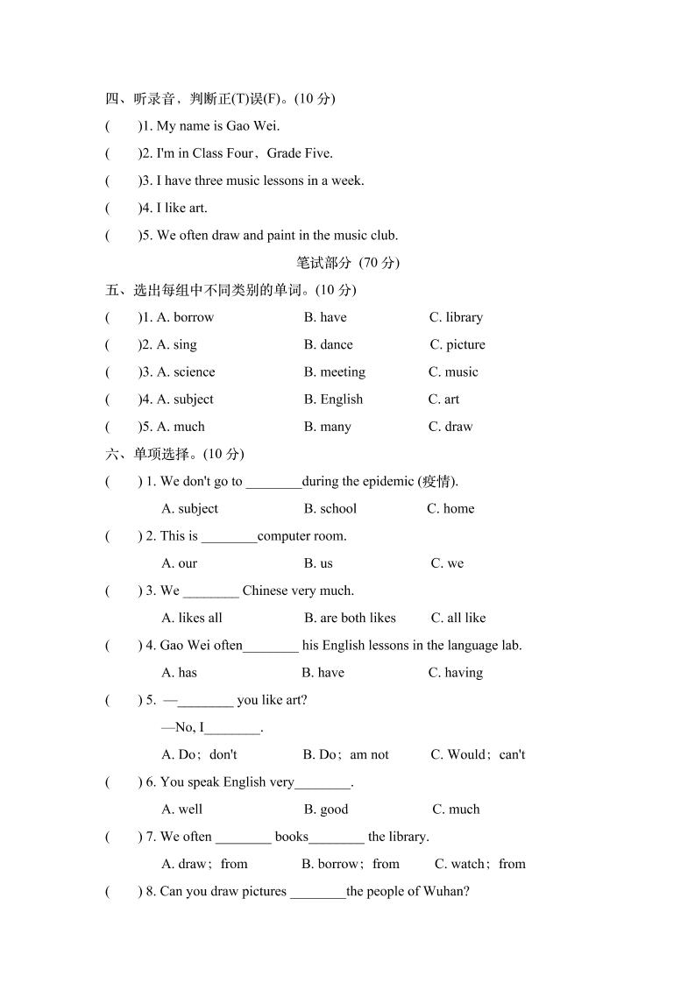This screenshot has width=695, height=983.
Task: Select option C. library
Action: [x=456, y=317]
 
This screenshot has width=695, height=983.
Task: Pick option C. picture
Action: [x=457, y=344]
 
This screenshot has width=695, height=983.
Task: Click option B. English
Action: [x=333, y=399]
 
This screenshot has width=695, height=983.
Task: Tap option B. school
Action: [x=330, y=508]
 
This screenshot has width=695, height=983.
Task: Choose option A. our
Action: [x=180, y=563]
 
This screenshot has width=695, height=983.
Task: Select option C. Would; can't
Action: [x=478, y=754]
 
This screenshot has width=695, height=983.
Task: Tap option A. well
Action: [x=182, y=810]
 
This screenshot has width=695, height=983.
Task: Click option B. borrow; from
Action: [x=351, y=864]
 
